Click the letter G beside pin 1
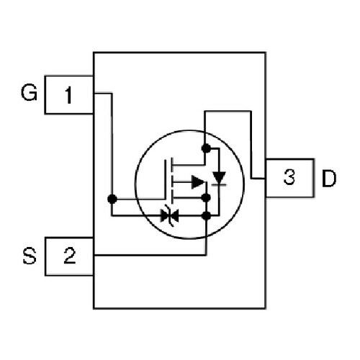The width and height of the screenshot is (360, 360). point(29,93)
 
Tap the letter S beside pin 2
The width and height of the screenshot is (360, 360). point(30,256)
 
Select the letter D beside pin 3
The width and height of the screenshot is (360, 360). point(329,178)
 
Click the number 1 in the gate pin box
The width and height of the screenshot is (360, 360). point(68,95)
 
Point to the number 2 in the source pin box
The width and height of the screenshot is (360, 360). point(70,256)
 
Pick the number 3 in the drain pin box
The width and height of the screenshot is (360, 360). point(289,177)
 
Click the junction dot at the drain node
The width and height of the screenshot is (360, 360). point(206,148)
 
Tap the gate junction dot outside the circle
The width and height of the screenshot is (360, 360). point(112,199)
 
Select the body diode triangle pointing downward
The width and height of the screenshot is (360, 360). point(219,178)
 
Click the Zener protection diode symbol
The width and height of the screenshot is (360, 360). point(170,215)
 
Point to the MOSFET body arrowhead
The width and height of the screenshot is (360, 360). point(198,182)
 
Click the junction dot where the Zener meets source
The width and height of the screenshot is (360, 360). point(206,216)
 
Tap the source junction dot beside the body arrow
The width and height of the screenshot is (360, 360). point(206,198)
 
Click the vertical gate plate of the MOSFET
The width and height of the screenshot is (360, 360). point(165,179)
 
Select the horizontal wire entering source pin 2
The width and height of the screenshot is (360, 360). point(150,255)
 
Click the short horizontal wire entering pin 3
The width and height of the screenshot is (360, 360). point(258,179)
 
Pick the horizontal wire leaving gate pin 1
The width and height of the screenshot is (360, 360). point(103,93)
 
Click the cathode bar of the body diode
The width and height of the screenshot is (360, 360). point(219,185)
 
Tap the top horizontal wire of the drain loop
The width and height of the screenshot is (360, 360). point(228,112)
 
